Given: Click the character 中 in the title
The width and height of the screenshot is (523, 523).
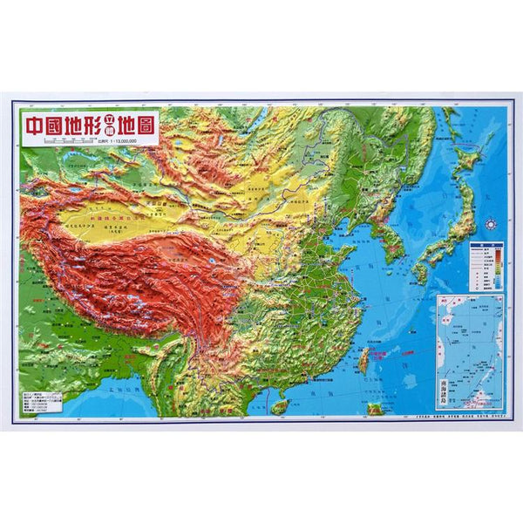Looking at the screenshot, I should click(37, 126).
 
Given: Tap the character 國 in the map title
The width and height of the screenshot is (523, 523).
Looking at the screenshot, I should click(60, 126).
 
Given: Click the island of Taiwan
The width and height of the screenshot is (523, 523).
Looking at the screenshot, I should click(364, 356).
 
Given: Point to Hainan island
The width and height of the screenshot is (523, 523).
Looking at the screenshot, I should click(280, 405).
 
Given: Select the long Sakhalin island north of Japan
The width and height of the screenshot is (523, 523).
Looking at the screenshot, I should click(452, 122).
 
